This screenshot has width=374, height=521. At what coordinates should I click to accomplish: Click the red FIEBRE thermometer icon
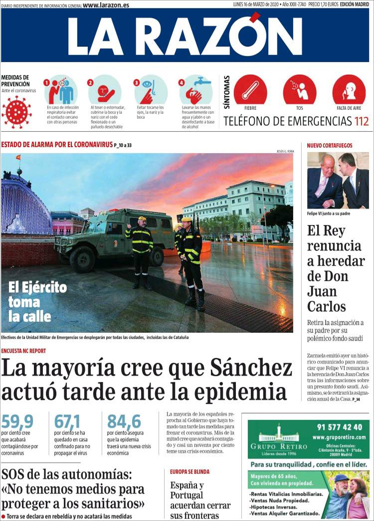tap(250, 90)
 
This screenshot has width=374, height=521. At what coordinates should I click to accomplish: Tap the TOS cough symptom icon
tap(299, 90)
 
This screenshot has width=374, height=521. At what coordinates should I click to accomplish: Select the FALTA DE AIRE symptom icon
tap(349, 90)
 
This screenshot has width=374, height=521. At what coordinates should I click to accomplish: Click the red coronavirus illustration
tap(16, 112)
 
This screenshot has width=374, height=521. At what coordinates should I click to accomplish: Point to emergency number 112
tap(362, 121)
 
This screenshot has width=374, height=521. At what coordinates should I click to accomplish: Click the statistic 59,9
tap(17, 422)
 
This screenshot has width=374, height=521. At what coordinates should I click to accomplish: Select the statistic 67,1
tap(67, 422)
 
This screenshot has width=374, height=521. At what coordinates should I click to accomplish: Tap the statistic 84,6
tap(124, 422)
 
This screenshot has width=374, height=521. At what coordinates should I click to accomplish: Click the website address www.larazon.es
tap(106, 5)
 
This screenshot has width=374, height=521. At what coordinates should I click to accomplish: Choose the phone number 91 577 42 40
tap(339, 427)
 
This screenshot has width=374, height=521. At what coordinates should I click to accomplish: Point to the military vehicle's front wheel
tap(82, 258)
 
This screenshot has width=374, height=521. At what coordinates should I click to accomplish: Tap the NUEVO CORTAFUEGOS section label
tap(330, 146)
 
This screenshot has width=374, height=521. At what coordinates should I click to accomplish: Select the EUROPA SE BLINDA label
tap(189, 472)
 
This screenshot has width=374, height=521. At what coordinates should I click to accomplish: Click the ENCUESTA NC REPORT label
tap(23, 351)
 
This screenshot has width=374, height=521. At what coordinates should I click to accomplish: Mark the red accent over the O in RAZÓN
tap(255, 17)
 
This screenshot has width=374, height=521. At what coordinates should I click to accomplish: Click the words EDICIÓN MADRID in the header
tap(354, 4)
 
